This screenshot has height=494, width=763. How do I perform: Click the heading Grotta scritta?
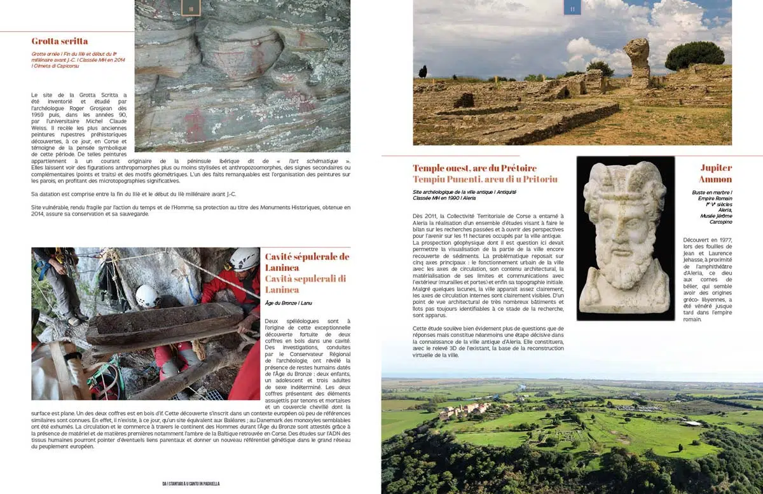(60, 41)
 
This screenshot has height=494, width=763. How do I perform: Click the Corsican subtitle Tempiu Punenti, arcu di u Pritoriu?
(485, 179)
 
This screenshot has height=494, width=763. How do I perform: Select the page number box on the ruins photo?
(572, 8)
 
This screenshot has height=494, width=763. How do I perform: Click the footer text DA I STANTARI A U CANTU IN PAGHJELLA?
(191, 484)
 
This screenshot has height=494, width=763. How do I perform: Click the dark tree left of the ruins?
(423, 71)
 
